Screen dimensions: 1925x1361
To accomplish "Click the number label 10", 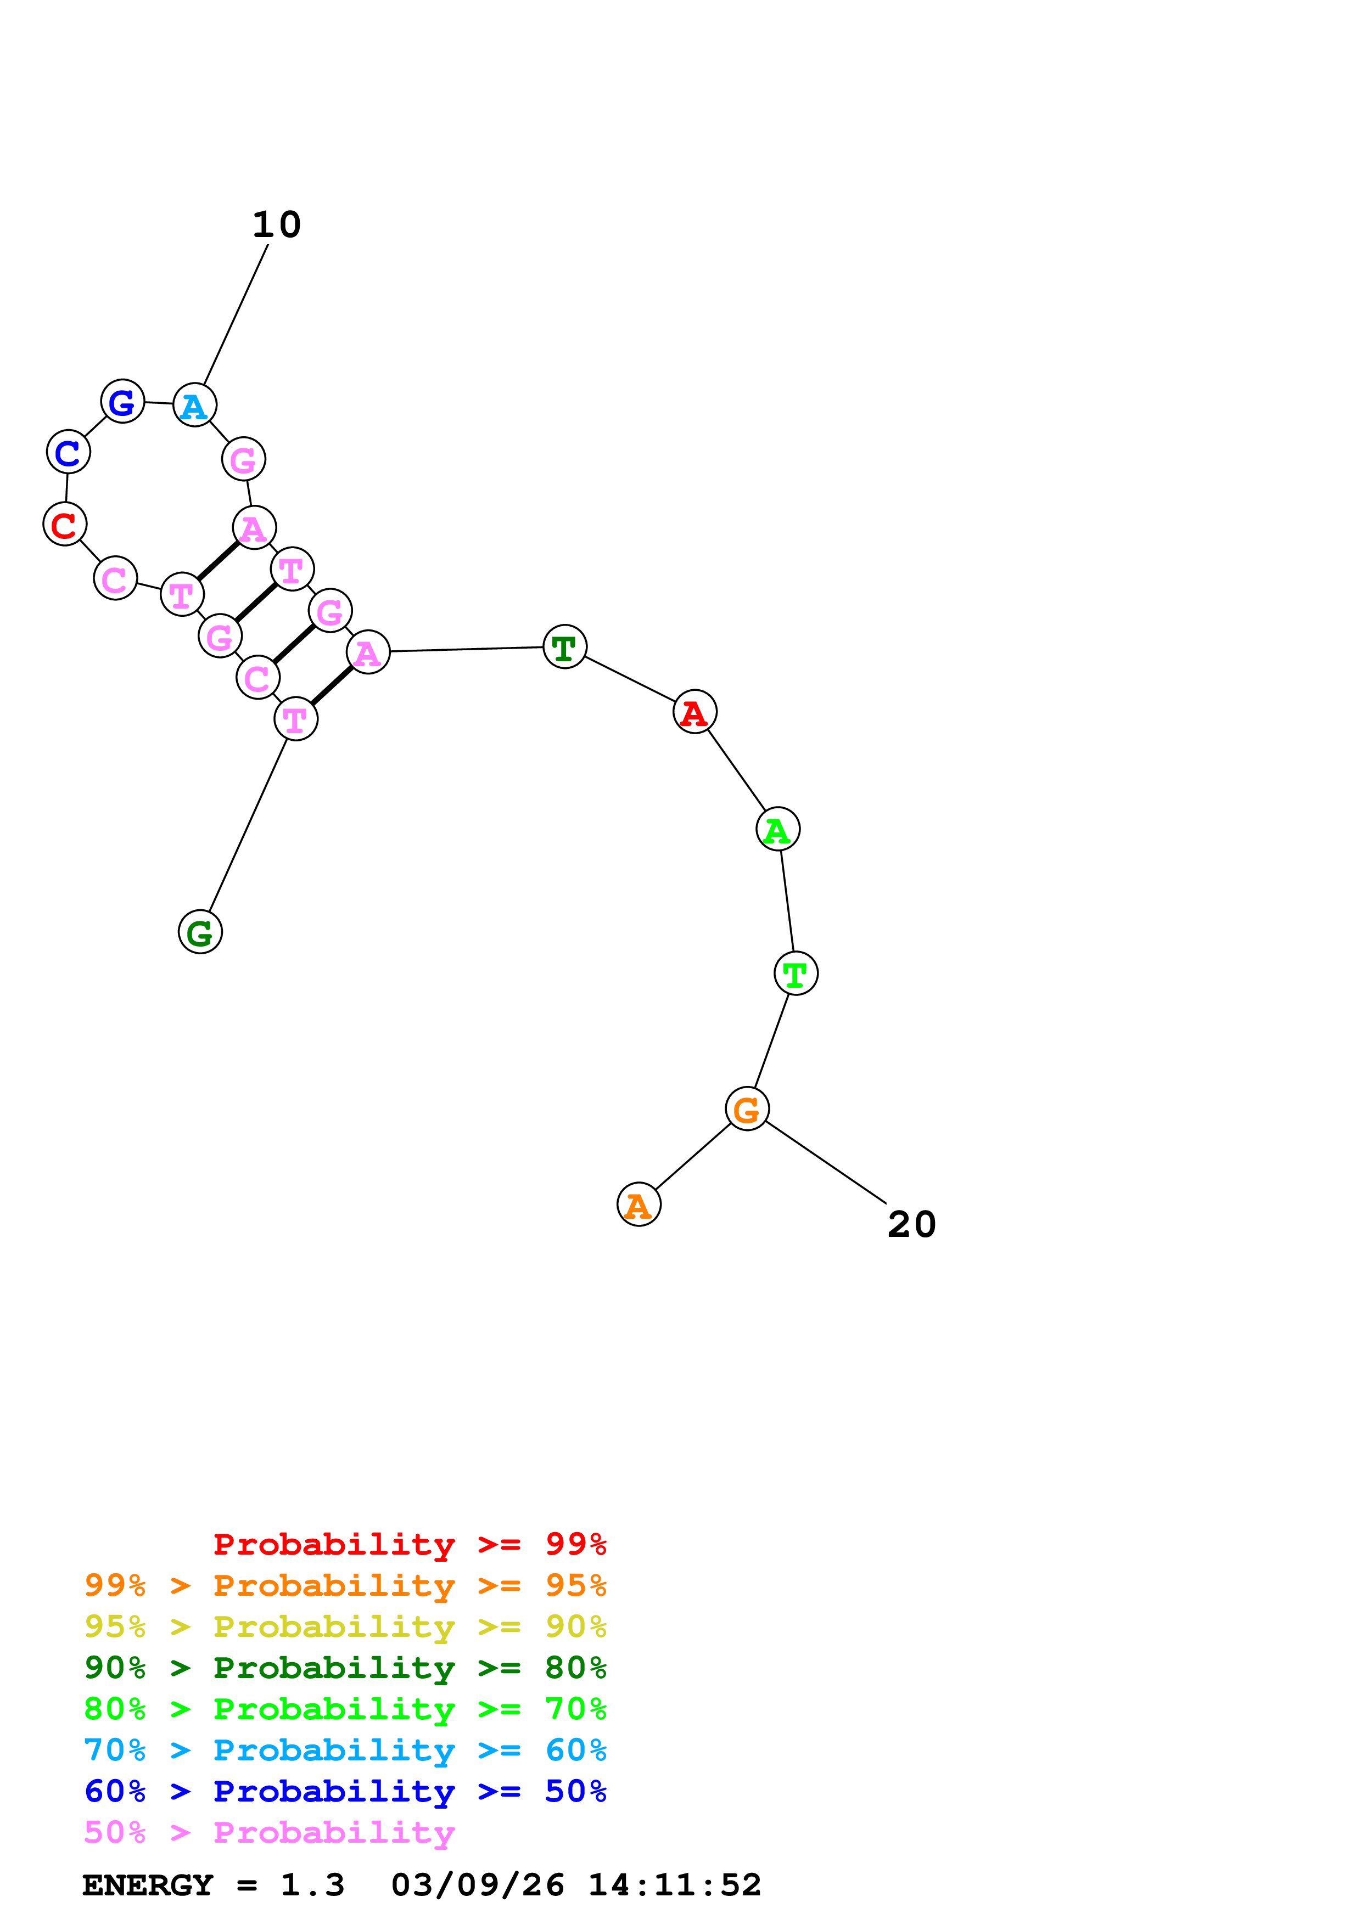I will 276,224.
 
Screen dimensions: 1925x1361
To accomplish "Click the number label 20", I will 911,1225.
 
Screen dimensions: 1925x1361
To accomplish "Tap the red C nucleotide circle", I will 65,525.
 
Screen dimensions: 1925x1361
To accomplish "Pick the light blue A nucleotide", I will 194,406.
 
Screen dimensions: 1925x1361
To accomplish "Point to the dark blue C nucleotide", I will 68,453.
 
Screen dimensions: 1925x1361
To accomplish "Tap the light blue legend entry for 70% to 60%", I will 345,1750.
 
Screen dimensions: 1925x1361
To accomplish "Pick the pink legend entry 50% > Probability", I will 269,1832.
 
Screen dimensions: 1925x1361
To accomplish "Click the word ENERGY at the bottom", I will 148,1885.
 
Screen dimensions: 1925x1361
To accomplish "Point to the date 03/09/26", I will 477,1885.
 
